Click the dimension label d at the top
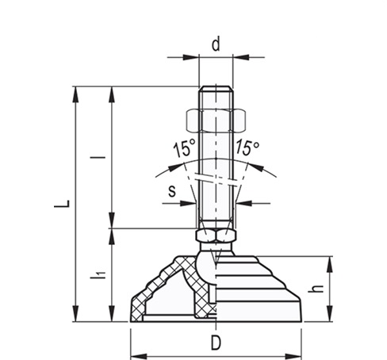click(215, 44)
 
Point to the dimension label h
click(320, 290)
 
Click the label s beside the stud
click(172, 190)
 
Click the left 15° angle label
click(183, 148)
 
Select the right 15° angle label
click(247, 148)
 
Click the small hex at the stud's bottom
click(215, 236)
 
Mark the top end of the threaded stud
click(215, 87)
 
